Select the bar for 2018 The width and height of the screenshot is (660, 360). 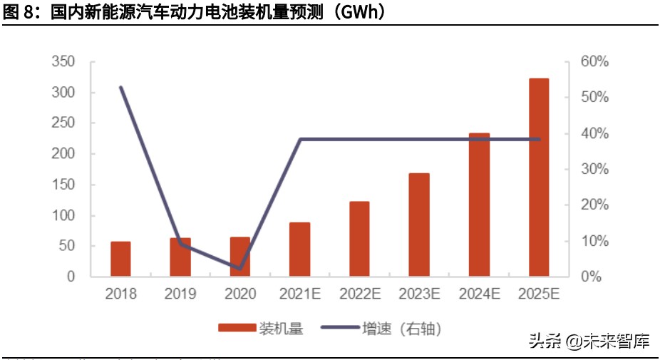(120, 258)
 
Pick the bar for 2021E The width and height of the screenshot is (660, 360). (299, 249)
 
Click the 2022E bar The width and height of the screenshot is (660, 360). (359, 238)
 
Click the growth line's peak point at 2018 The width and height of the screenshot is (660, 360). (120, 87)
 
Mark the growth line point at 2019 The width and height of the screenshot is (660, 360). (180, 243)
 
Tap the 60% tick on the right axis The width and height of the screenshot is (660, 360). (594, 62)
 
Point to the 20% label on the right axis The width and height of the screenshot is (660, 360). (594, 205)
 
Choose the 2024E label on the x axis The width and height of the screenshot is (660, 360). (479, 294)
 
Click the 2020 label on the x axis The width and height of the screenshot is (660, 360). (240, 294)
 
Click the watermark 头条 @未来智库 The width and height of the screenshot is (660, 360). (589, 341)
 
